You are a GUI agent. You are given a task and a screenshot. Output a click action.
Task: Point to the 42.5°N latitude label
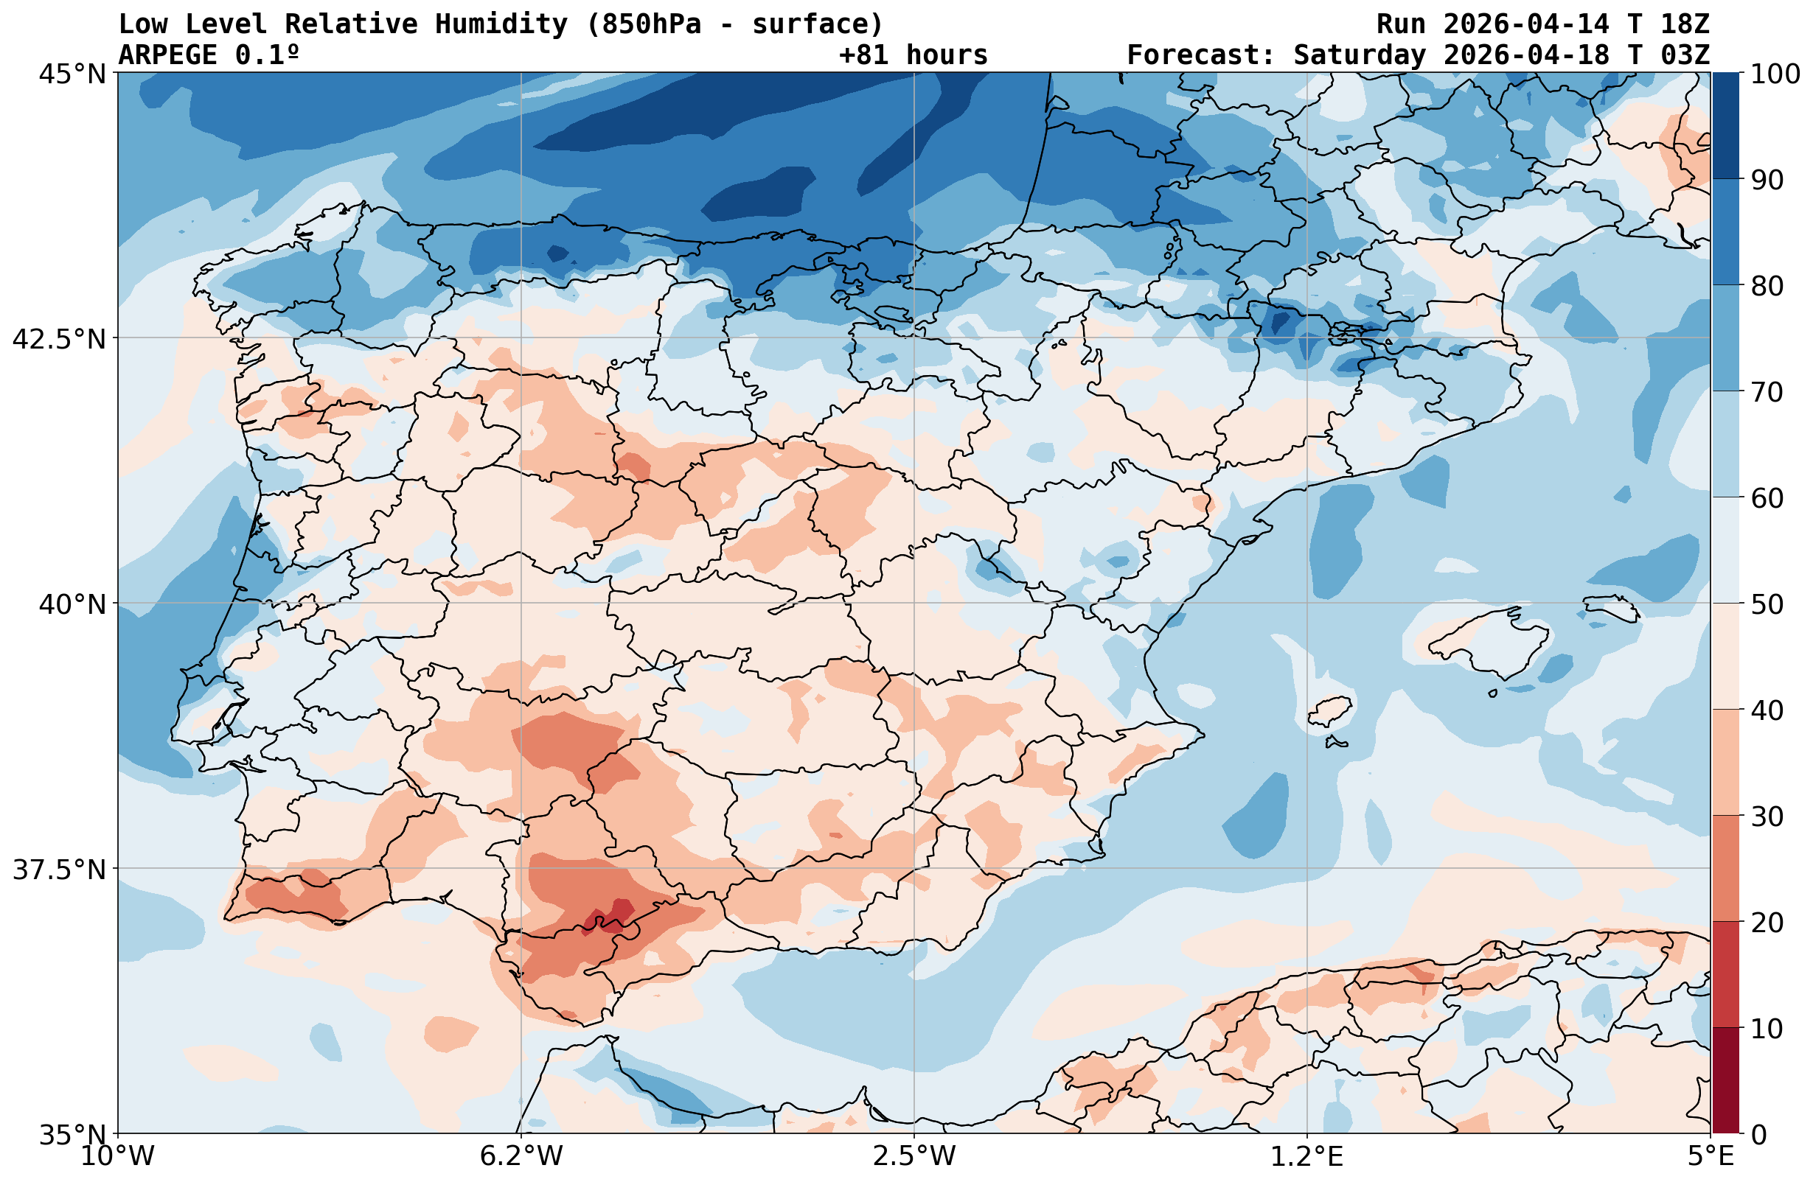coord(59,338)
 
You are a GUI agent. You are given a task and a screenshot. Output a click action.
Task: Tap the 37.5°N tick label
coord(59,869)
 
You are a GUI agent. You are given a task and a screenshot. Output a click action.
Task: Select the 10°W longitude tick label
coord(117,1156)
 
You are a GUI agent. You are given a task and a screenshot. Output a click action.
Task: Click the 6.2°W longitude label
coord(521,1156)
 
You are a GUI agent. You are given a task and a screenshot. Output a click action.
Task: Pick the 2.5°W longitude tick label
coord(914,1156)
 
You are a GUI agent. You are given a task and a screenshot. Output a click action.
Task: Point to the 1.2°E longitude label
coord(1307,1156)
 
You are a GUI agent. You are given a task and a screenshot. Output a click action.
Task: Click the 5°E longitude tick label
coord(1711,1156)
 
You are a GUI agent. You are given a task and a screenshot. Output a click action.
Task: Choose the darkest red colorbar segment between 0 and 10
coord(1725,1081)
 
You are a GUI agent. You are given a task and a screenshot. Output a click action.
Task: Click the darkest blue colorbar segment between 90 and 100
coord(1725,126)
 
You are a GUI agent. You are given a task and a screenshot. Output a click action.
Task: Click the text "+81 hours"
coord(914,55)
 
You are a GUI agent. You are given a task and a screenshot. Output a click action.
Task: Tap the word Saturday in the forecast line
coord(1359,55)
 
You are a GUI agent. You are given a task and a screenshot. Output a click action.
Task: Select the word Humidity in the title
coord(501,24)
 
